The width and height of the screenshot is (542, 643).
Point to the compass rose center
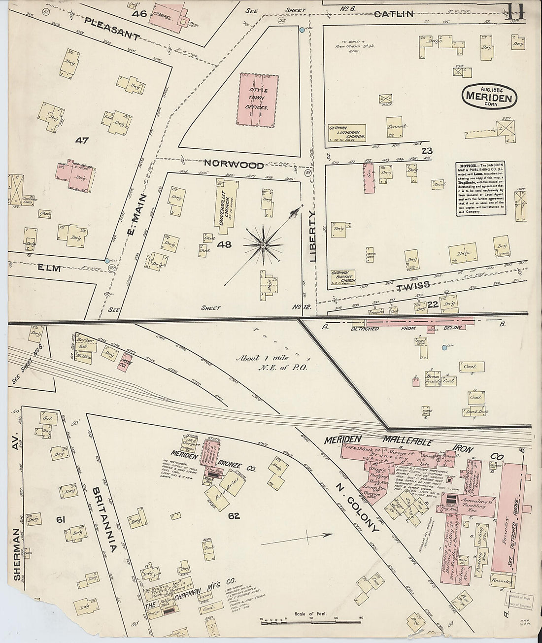(263, 244)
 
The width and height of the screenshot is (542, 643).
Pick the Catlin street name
(393, 14)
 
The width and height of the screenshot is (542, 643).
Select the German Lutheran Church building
(347, 133)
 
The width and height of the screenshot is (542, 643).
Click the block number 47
(82, 140)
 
